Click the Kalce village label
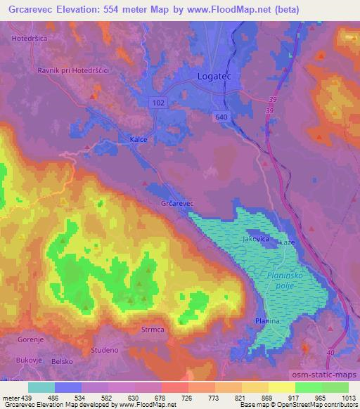139,139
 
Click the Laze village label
287,242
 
